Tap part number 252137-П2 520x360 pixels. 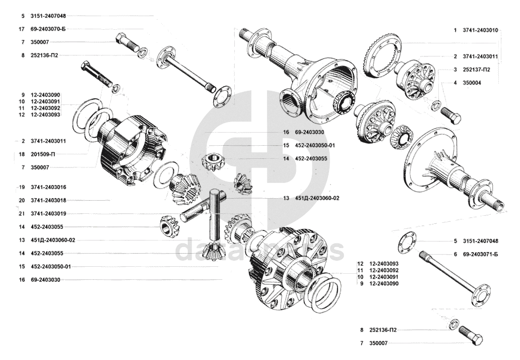click(476, 70)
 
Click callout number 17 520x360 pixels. click(22, 29)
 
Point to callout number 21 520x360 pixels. click(22, 214)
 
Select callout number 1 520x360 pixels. click(455, 30)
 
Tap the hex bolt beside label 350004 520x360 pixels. click(450, 115)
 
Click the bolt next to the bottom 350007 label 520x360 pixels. click(471, 335)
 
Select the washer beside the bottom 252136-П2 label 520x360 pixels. click(453, 324)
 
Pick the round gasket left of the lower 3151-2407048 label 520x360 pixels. click(406, 243)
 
